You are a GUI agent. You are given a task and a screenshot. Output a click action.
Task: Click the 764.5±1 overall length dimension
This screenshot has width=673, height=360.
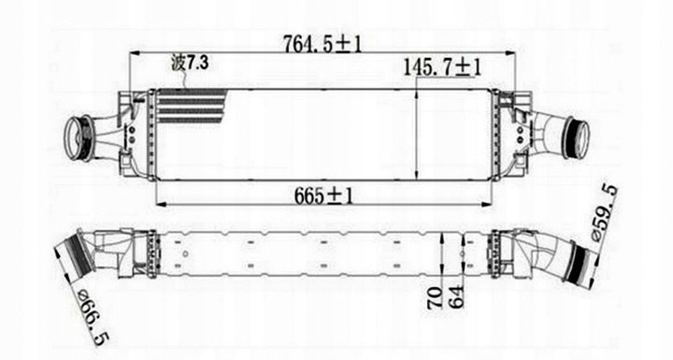click(x=322, y=43)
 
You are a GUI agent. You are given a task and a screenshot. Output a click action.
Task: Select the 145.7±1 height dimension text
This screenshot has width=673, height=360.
click(x=442, y=68)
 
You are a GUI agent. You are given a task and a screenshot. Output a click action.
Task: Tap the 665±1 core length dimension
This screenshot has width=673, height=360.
click(x=323, y=195)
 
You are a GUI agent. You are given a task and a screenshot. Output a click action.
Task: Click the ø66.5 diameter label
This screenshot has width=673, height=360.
click(x=93, y=317)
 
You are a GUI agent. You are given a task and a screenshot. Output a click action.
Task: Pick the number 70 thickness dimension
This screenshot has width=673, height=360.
click(x=435, y=297)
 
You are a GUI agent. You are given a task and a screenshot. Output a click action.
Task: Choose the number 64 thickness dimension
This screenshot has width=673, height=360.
click(x=457, y=296)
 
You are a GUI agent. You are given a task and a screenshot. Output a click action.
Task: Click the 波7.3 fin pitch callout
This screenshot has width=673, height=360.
click(x=189, y=64)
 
